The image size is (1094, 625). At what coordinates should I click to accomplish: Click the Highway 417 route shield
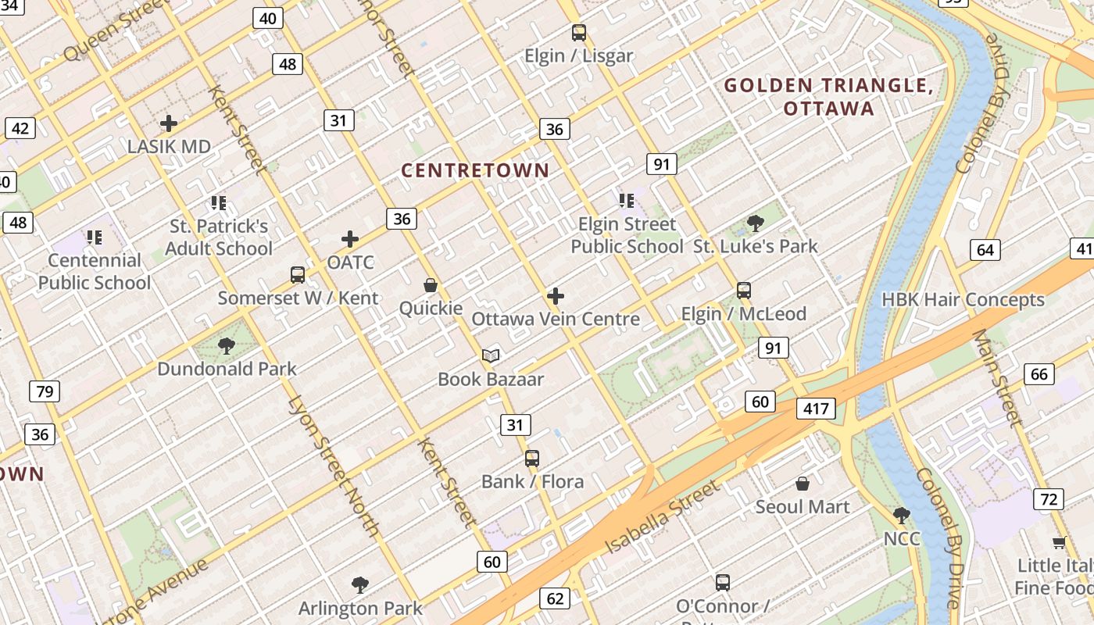817,408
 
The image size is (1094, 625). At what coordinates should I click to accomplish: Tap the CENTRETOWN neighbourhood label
475,170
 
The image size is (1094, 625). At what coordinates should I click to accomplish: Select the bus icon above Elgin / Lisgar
578,33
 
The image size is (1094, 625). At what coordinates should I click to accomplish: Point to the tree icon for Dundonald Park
227,345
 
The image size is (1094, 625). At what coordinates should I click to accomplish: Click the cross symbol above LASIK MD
169,123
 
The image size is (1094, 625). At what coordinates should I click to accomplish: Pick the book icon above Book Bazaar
491,356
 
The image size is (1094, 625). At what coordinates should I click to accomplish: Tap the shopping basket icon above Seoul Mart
802,484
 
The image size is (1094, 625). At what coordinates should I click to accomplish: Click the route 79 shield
45,391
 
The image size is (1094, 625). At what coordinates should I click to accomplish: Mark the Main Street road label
997,379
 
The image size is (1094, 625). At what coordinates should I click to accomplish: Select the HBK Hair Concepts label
963,300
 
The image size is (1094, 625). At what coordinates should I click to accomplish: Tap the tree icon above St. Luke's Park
755,223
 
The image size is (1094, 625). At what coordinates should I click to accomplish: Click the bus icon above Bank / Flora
532,459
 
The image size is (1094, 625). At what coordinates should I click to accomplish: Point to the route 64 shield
985,250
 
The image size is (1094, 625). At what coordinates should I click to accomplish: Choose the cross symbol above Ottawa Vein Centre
556,296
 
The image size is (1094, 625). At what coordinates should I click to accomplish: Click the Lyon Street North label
334,467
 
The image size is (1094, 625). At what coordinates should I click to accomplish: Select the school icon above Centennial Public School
95,237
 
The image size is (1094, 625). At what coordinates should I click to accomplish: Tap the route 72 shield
1049,499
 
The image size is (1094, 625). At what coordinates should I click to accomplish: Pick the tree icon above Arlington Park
360,584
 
